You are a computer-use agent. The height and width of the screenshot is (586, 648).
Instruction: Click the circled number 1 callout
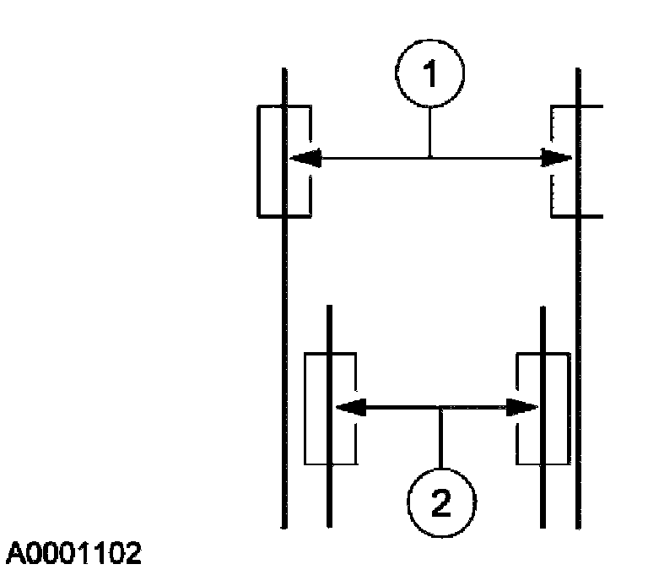click(430, 76)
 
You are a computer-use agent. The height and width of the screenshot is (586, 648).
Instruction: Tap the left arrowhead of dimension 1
click(304, 158)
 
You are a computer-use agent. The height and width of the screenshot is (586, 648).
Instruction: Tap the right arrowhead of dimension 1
click(557, 158)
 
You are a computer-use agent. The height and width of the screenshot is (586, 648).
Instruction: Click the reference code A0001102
click(74, 554)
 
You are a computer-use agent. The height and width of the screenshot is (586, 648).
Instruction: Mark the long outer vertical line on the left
click(283, 338)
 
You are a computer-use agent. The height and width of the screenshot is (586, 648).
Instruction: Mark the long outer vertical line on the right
click(577, 338)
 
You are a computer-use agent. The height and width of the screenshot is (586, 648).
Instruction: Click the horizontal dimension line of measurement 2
click(397, 409)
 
